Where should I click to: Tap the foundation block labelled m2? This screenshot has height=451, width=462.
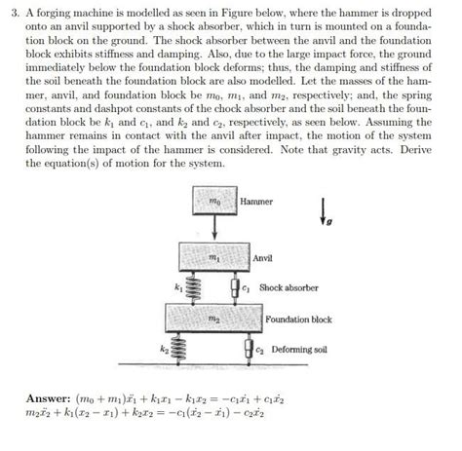[212, 318]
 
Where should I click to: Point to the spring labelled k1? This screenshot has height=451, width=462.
[191, 289]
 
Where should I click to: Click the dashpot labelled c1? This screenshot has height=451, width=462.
[234, 288]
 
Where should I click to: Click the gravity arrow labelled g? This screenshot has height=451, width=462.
[323, 210]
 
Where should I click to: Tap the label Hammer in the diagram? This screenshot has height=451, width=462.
[256, 202]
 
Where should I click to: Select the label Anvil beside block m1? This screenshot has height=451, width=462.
[262, 258]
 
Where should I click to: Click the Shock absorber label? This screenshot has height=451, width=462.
[289, 287]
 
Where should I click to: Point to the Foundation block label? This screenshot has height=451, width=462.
[298, 319]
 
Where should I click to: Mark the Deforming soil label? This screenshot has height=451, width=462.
[299, 349]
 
